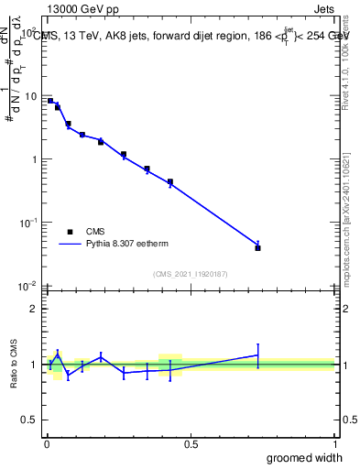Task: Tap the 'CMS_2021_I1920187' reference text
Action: (x=190, y=273)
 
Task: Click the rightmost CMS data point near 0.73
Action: (x=258, y=247)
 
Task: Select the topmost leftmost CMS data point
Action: (x=50, y=101)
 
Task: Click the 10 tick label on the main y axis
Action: (x=30, y=96)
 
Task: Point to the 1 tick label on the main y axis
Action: (x=33, y=159)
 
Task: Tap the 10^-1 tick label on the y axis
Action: (x=28, y=222)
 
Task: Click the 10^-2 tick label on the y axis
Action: (x=28, y=285)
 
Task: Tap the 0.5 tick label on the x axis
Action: (x=191, y=445)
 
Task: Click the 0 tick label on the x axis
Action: (x=47, y=445)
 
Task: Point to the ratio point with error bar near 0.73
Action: (x=258, y=354)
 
